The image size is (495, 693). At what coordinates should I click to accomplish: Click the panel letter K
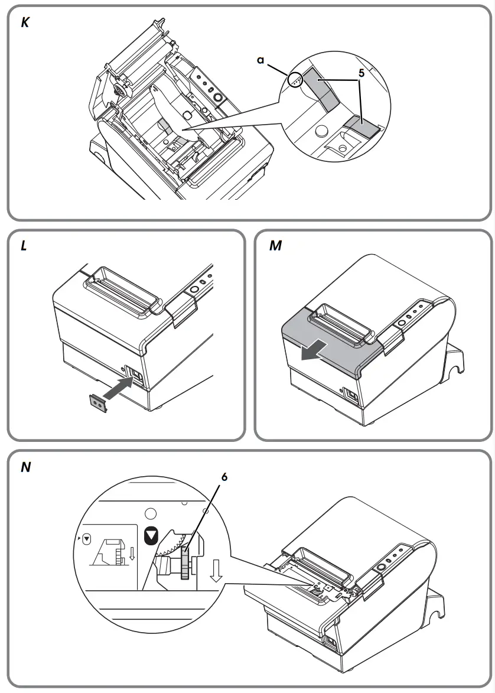[x=25, y=24]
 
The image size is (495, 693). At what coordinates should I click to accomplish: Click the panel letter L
[x=24, y=246]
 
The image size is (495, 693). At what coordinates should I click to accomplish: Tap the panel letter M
[x=275, y=246]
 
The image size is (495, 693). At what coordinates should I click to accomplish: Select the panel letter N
[x=25, y=467]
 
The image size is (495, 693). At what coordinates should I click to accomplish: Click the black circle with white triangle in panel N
[x=151, y=536]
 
